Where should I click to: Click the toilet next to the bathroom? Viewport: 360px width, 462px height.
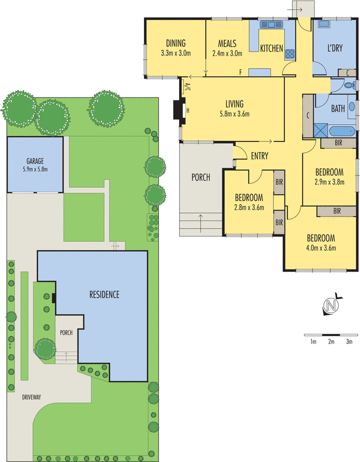350,85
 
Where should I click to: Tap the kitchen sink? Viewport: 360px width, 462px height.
271,24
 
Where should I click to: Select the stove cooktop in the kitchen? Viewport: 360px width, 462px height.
290,54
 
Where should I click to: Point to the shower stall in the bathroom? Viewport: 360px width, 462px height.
321,131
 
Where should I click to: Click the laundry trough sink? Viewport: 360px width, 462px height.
324,24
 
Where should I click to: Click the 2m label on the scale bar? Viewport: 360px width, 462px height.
332,342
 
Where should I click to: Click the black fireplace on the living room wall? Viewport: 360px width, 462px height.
179,110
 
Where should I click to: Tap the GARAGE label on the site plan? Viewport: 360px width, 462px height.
35,161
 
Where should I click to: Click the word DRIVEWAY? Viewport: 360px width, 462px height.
32,397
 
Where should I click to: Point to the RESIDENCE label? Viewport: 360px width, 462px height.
105,295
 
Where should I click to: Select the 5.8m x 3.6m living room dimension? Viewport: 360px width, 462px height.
235,114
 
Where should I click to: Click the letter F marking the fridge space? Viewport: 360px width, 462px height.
240,72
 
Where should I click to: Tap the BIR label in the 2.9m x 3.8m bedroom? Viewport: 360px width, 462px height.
339,143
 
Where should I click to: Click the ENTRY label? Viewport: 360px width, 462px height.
259,156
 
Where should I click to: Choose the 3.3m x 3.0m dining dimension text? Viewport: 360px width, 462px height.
176,53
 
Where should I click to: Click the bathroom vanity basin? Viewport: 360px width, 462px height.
352,107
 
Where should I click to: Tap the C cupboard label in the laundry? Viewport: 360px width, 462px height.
348,73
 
